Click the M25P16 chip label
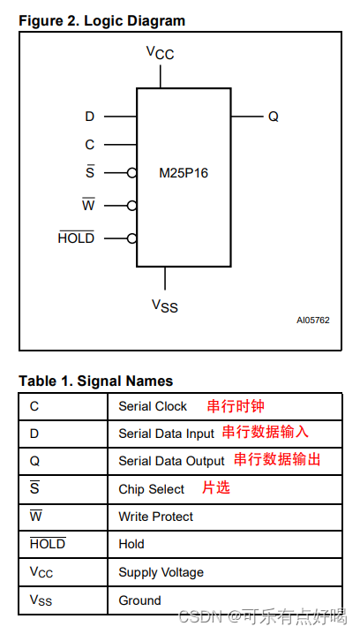pyautogui.click(x=184, y=173)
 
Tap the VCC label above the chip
pyautogui.click(x=160, y=53)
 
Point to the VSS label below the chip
pyautogui.click(x=164, y=306)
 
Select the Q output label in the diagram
pyautogui.click(x=274, y=117)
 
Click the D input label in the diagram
pyautogui.click(x=89, y=117)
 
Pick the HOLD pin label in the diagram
pyautogui.click(x=76, y=238)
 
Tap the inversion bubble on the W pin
pyautogui.click(x=131, y=205)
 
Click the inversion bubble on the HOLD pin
pyautogui.click(x=131, y=238)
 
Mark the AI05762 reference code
pyautogui.click(x=312, y=321)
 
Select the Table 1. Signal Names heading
pyautogui.click(x=96, y=381)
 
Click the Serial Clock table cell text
pyautogui.click(x=153, y=407)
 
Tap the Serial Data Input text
pyautogui.click(x=166, y=434)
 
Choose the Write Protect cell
pyautogui.click(x=155, y=517)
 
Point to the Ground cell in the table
pyautogui.click(x=139, y=600)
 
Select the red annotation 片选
pyautogui.click(x=216, y=487)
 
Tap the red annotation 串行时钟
pyautogui.click(x=236, y=406)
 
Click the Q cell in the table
pyautogui.click(x=34, y=461)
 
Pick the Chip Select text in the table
pyautogui.click(x=151, y=489)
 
